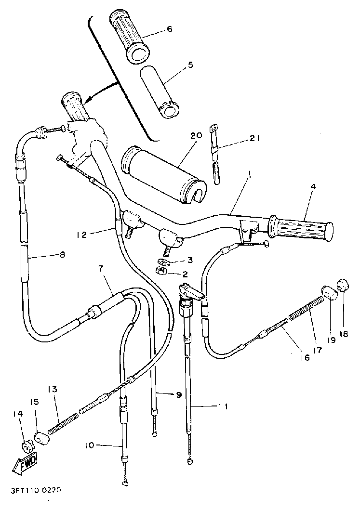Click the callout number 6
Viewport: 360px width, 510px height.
[169, 29]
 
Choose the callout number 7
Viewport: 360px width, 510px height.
[101, 269]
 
